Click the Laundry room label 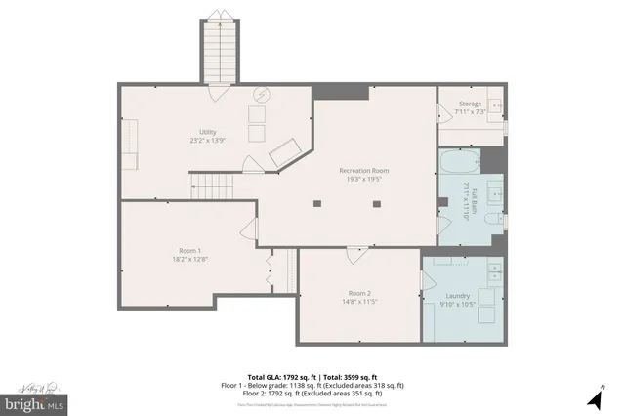pos(458,296)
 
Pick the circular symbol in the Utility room pos(262,94)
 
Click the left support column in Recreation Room pos(316,204)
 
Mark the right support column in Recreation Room pos(377,204)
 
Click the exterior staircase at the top pos(218,51)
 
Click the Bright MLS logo pos(35,400)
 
